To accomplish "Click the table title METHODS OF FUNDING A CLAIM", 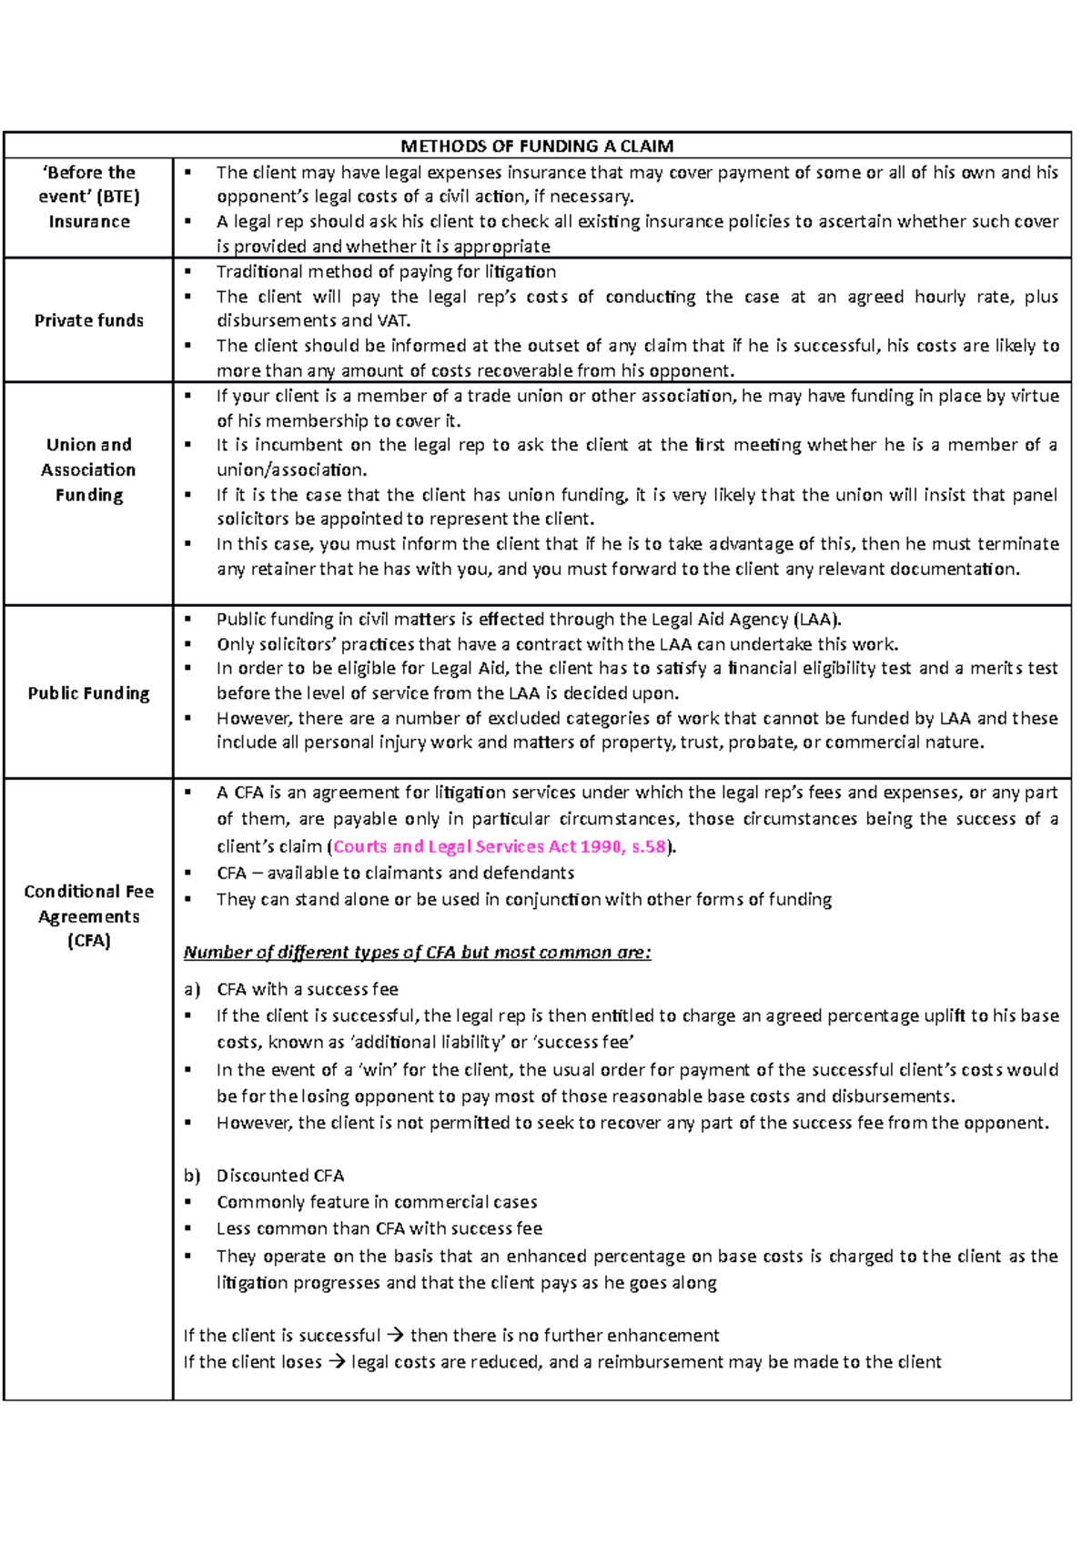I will tap(537, 146).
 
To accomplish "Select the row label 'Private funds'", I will tap(89, 320).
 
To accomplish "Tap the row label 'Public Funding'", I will tap(89, 693).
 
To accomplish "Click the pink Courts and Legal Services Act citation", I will tap(500, 846).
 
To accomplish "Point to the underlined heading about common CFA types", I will tap(417, 953).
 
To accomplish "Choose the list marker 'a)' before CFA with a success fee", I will tap(191, 989).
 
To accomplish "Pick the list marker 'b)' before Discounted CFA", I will tap(191, 1176).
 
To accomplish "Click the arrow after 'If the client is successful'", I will tap(395, 1336).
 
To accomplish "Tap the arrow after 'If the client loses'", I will tap(337, 1362).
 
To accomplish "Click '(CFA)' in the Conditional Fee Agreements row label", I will tap(89, 941).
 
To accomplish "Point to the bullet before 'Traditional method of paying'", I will tap(188, 271).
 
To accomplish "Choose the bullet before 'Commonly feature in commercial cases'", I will tap(188, 1202).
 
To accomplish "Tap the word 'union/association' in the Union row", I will tap(290, 470).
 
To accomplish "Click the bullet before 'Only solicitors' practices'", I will tap(188, 644).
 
